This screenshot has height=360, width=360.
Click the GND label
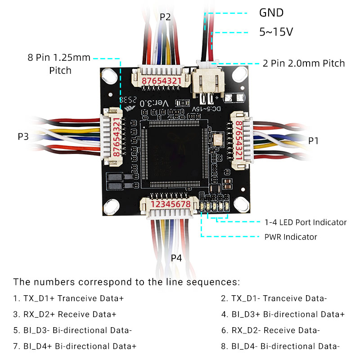pyautogui.click(x=271, y=13)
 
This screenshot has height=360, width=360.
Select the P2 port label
pyautogui.click(x=165, y=17)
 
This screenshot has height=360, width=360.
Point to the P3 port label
pyautogui.click(x=23, y=136)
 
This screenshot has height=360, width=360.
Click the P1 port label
pyautogui.click(x=314, y=141)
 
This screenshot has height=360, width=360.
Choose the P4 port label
pyautogui.click(x=176, y=258)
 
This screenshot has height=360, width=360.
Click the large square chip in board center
pyautogui.click(x=173, y=153)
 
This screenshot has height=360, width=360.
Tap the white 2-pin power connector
pyautogui.click(x=208, y=82)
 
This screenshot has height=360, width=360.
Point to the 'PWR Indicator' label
pyautogui.click(x=291, y=237)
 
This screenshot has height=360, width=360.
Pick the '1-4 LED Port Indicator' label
pyautogui.click(x=306, y=222)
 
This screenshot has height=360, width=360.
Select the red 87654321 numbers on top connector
pyautogui.click(x=162, y=81)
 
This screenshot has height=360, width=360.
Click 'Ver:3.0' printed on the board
pyautogui.click(x=154, y=103)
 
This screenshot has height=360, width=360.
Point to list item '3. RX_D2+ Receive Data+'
pyautogui.click(x=65, y=314)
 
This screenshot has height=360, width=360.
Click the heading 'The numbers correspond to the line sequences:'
pyautogui.click(x=126, y=282)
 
